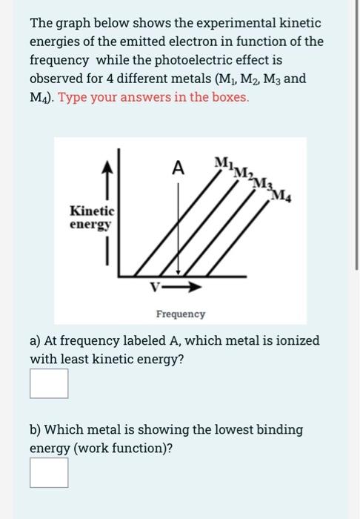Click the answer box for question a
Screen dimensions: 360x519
(x=49, y=383)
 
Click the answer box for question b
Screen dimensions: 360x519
(x=49, y=472)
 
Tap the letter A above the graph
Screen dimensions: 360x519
(x=177, y=168)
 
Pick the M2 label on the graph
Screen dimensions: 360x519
(x=241, y=173)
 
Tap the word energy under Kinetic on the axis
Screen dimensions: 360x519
(x=90, y=223)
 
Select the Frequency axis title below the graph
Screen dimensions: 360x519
(x=181, y=314)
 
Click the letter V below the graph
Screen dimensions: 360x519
(x=156, y=287)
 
